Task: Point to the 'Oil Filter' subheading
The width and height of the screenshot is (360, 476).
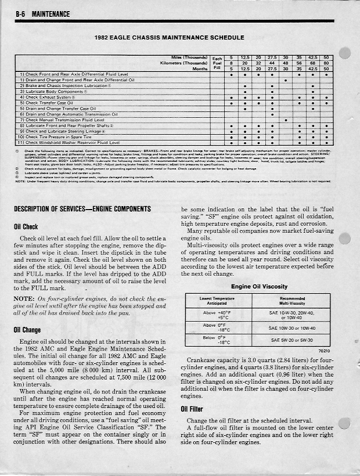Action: (x=194, y=408)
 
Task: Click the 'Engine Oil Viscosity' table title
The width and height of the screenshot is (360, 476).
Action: (x=259, y=286)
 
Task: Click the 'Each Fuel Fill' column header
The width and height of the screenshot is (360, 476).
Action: (x=217, y=63)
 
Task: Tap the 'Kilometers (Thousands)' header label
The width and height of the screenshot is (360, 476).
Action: (x=184, y=63)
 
